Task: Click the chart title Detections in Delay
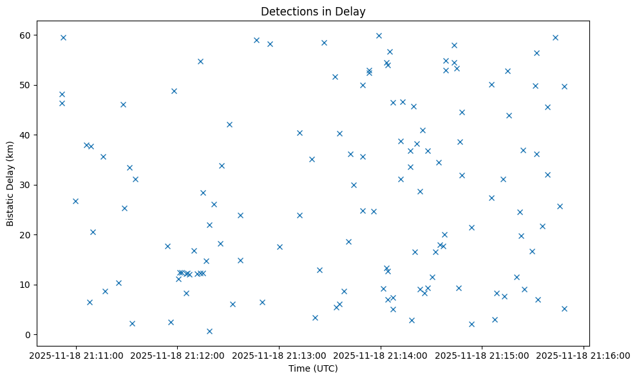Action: click(x=313, y=12)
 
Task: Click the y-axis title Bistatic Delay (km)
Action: click(x=10, y=184)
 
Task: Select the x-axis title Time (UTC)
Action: click(x=313, y=369)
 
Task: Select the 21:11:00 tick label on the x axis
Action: click(x=76, y=355)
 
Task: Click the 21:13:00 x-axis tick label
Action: click(x=280, y=355)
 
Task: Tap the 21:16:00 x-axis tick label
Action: click(x=584, y=355)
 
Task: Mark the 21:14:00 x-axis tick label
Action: click(x=381, y=355)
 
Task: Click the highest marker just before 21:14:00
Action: click(x=379, y=35)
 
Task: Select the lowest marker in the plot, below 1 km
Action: click(x=209, y=331)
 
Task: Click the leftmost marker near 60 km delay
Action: click(x=63, y=37)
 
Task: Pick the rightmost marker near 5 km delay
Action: click(x=564, y=309)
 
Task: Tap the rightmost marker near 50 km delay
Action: click(x=564, y=86)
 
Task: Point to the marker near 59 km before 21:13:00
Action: click(x=256, y=40)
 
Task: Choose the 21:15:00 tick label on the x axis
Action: click(x=482, y=355)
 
